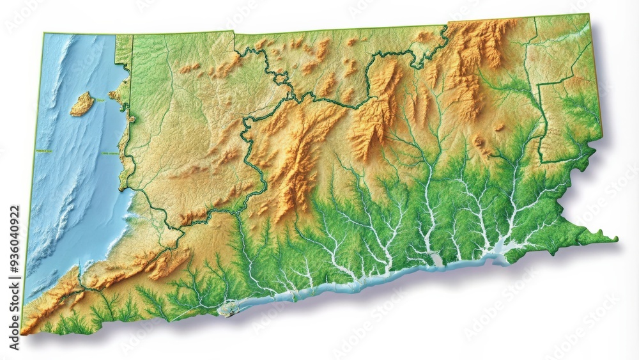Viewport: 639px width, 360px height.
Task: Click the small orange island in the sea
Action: tap(82, 104)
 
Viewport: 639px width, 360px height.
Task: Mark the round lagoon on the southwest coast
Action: tap(227, 309)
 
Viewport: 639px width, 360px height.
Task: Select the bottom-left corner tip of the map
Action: tap(23, 332)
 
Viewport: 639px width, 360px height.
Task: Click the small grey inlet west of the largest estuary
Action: tap(436, 259)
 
